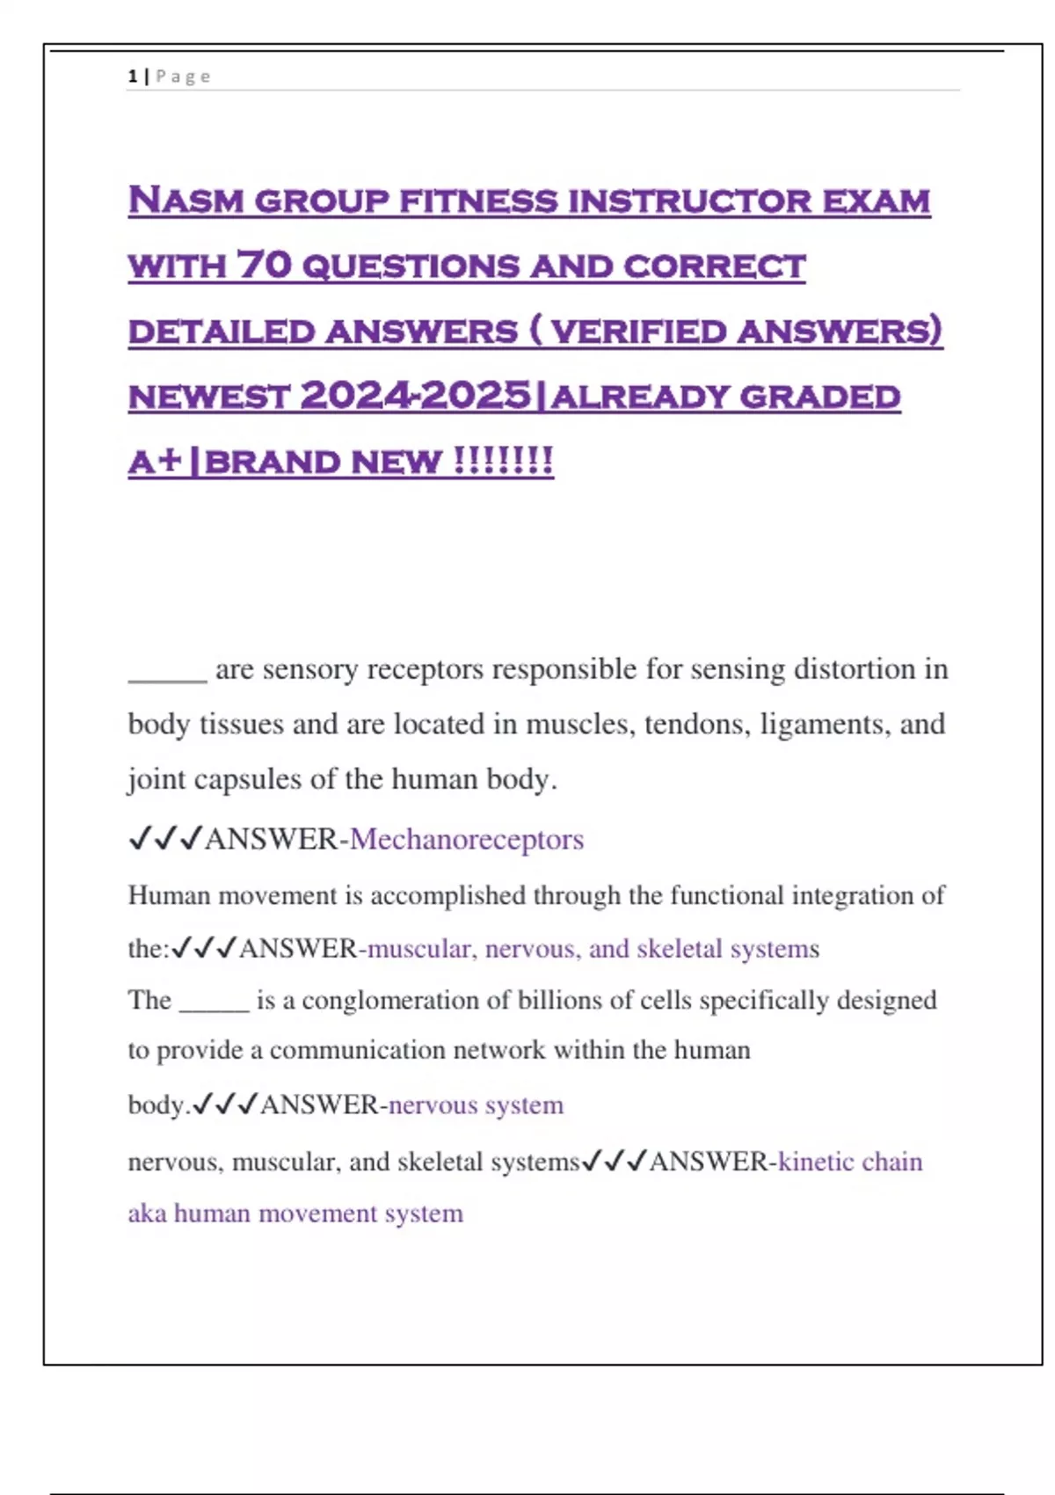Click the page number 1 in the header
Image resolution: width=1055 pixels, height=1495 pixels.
pyautogui.click(x=132, y=77)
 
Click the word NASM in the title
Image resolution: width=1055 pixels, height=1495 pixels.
pyautogui.click(x=186, y=201)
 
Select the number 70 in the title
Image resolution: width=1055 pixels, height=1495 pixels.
pyautogui.click(x=264, y=265)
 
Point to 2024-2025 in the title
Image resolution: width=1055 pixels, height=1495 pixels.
pyautogui.click(x=416, y=396)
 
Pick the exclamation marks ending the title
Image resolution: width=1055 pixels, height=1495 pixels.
pyautogui.click(x=503, y=461)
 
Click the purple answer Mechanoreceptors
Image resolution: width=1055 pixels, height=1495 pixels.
pyautogui.click(x=467, y=839)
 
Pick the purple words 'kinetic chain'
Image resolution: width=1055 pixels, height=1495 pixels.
pyautogui.click(x=850, y=1162)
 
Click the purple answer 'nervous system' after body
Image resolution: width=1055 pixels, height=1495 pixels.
pyautogui.click(x=476, y=1105)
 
